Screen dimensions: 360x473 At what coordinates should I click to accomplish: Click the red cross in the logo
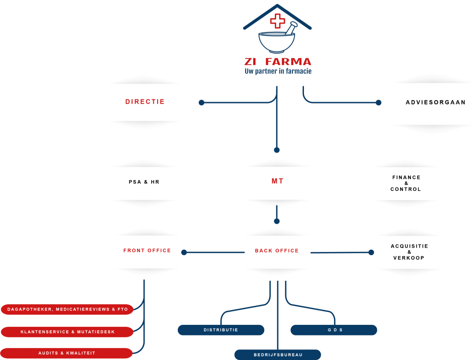(278, 21)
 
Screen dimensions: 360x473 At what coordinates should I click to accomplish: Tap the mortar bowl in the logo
(277, 43)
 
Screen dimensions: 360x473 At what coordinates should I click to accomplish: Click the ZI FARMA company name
(278, 61)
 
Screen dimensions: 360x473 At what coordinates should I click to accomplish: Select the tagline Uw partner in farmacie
(278, 71)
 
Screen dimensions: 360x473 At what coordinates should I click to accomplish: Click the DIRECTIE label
(145, 102)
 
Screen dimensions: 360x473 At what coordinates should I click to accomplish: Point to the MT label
(277, 181)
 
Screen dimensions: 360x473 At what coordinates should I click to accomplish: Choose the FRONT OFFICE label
(147, 250)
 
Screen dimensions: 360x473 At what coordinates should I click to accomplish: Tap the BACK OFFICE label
(277, 251)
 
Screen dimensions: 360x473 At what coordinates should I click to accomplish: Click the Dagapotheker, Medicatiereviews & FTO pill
(67, 309)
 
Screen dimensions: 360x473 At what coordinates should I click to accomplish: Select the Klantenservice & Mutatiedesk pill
(67, 332)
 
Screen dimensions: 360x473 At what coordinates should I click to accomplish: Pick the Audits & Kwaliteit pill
(67, 353)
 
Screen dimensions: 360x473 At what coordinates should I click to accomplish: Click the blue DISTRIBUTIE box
(221, 330)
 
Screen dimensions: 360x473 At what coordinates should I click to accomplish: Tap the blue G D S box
(334, 330)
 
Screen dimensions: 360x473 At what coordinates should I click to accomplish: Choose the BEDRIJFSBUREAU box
(278, 355)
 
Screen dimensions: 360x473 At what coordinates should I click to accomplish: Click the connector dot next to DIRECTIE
(201, 103)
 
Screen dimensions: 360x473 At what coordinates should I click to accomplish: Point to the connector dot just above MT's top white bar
(277, 150)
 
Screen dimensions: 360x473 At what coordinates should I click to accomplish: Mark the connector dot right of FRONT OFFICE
(184, 252)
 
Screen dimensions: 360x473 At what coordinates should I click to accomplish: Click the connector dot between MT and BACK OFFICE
(277, 221)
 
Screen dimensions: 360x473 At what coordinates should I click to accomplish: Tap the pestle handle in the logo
(291, 28)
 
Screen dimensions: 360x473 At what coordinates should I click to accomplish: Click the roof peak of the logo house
(277, 5)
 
